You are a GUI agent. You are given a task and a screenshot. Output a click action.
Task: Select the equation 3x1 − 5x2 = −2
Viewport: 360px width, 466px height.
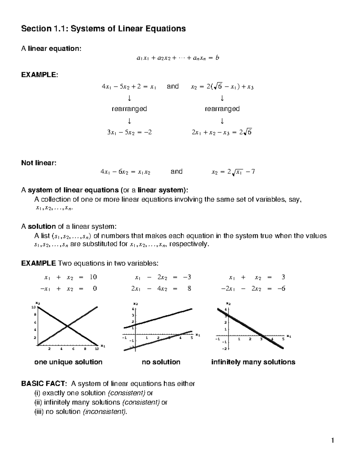[129, 132]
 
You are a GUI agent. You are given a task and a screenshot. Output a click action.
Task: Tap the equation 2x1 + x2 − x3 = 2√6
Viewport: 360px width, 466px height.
[222, 132]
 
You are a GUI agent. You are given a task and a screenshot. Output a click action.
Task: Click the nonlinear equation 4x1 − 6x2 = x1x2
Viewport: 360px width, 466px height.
[125, 172]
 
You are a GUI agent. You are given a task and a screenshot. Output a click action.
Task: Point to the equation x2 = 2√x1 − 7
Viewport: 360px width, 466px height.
[233, 172]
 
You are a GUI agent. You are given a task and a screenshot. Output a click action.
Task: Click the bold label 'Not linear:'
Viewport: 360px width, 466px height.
[38, 163]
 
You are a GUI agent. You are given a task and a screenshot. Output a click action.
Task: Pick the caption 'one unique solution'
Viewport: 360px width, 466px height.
[68, 362]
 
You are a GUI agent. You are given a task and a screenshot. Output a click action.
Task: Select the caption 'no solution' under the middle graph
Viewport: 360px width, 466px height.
[161, 362]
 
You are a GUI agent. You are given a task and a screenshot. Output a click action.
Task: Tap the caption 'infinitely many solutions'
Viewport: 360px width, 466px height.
[253, 362]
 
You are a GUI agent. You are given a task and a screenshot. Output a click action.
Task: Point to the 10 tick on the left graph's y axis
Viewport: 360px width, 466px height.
[34, 307]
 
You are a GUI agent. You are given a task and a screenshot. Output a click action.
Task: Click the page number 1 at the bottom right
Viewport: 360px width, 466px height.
[332, 440]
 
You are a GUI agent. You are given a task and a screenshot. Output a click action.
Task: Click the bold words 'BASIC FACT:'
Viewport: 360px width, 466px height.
[44, 384]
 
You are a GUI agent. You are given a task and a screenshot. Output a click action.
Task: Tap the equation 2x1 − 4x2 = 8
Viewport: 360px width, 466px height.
[161, 289]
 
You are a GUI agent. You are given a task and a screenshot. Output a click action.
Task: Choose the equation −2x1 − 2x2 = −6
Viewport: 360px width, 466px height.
[253, 289]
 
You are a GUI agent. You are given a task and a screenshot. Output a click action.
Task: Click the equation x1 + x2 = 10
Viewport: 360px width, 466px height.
[70, 278]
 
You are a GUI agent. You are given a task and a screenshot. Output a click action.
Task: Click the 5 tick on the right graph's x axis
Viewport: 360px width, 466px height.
[283, 339]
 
